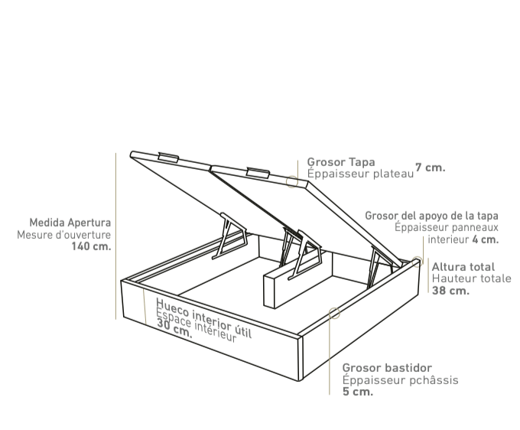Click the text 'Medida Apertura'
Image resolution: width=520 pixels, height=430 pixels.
(x=70, y=223)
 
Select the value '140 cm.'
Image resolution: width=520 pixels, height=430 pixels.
(x=91, y=246)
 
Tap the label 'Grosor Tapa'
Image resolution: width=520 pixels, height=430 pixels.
(x=341, y=162)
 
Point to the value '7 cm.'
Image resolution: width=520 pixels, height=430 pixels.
(x=431, y=168)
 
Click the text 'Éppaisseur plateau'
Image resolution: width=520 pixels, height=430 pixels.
(x=360, y=174)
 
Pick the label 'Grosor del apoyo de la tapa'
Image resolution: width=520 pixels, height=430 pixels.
(x=431, y=216)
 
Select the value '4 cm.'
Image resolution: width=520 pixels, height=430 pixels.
(x=485, y=239)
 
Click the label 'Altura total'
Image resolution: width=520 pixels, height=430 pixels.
(x=463, y=267)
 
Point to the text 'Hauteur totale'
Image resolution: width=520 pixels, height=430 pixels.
(x=471, y=279)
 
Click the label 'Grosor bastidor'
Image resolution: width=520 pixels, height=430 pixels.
(x=387, y=368)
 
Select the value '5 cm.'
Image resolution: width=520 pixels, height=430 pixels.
(x=358, y=392)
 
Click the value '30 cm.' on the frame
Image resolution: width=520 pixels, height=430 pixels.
(x=174, y=327)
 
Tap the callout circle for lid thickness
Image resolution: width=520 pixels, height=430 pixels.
(x=292, y=181)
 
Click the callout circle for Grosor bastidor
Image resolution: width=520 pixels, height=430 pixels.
(x=333, y=312)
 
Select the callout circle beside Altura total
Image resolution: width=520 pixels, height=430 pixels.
(x=417, y=261)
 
